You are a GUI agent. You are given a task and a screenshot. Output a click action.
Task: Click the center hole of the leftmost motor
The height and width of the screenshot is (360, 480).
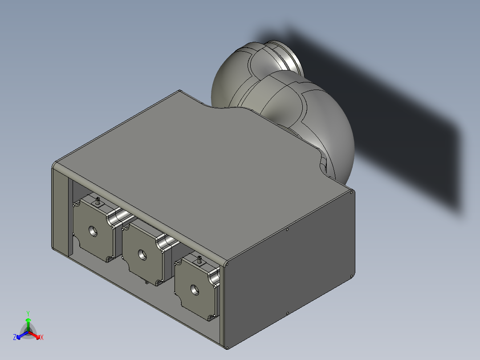[93, 231]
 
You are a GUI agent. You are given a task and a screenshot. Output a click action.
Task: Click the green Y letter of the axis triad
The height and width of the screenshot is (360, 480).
[28, 313]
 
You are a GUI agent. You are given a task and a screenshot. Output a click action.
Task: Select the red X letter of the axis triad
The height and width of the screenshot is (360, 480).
[42, 338]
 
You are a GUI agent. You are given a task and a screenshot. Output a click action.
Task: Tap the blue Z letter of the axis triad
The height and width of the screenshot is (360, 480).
[15, 338]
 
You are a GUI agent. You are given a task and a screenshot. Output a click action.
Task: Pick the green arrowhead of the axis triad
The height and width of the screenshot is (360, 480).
[28, 320]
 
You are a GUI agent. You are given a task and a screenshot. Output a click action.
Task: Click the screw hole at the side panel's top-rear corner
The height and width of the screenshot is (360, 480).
[352, 193]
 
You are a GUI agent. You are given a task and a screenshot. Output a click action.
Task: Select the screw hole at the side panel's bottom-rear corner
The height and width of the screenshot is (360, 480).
[352, 274]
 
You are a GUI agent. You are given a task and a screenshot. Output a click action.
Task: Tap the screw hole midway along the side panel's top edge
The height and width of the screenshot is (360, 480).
[288, 230]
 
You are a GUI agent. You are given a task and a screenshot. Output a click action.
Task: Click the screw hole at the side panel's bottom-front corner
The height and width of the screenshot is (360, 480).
[228, 347]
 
